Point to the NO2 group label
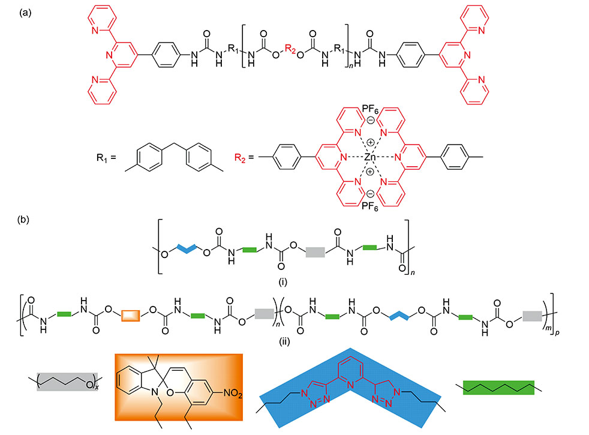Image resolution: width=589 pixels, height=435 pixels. (229, 377)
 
